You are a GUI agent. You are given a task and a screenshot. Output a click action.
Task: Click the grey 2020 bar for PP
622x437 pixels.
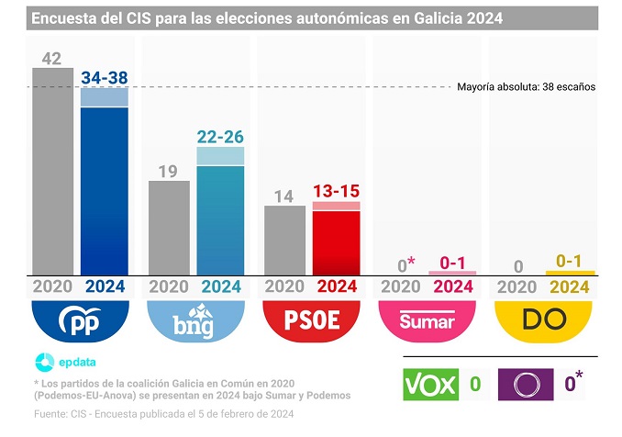pyautogui.click(x=52, y=171)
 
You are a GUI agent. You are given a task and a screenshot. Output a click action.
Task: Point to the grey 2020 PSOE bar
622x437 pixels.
pyautogui.click(x=284, y=240)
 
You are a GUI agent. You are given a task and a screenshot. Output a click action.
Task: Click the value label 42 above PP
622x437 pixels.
pyautogui.click(x=52, y=59)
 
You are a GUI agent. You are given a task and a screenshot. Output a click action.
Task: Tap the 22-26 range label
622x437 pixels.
pyautogui.click(x=220, y=137)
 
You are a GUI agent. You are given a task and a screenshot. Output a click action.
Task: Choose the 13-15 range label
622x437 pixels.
pyautogui.click(x=336, y=191)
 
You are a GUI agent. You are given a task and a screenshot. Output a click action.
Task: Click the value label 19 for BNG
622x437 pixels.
pyautogui.click(x=169, y=170)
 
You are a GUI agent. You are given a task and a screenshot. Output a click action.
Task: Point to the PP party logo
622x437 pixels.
pyautogui.click(x=78, y=319)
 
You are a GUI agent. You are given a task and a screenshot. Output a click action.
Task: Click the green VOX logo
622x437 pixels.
pyautogui.click(x=430, y=383)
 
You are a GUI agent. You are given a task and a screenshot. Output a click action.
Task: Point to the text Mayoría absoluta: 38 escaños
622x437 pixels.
pyautogui.click(x=526, y=87)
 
